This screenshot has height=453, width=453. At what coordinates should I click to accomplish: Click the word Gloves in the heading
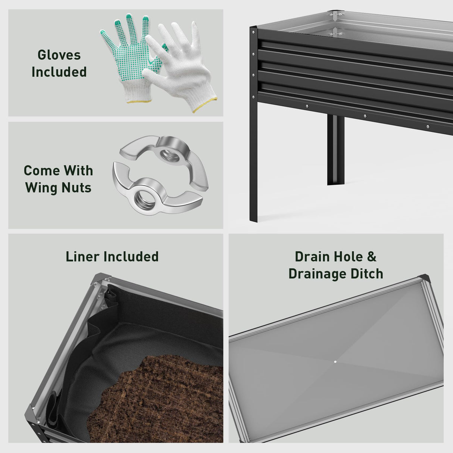pos(59,55)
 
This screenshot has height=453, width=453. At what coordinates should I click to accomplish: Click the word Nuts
pos(76,187)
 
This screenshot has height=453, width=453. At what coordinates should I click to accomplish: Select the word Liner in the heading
pos(82,257)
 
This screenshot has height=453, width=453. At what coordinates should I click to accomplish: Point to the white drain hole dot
pos(335,362)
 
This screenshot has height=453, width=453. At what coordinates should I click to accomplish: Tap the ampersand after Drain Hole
pos(372,257)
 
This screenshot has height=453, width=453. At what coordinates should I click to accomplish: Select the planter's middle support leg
pos(335,149)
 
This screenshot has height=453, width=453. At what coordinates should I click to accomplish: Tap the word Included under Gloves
pos(59,72)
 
